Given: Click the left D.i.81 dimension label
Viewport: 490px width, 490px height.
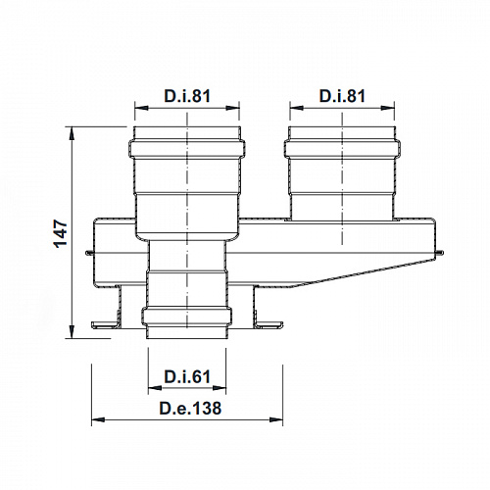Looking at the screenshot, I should pyautogui.click(x=187, y=96).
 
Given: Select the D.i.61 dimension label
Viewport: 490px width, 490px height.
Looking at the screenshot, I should pyautogui.click(x=187, y=376).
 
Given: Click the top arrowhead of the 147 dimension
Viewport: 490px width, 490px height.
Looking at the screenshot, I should pyautogui.click(x=74, y=130).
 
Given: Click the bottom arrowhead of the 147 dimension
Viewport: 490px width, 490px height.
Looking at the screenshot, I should pyautogui.click(x=74, y=334).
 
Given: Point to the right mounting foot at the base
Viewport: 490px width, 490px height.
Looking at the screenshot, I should pyautogui.click(x=269, y=324).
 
